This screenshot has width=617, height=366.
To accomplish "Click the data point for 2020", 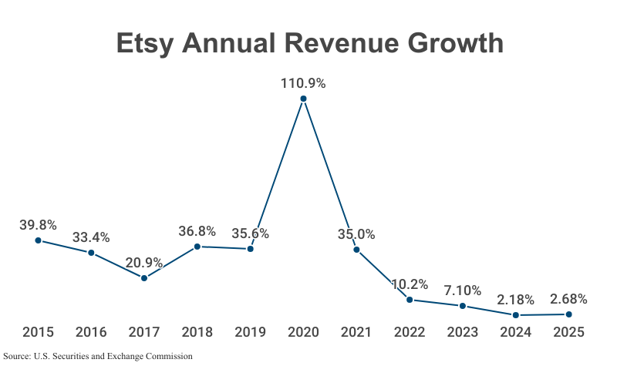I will click(303, 99).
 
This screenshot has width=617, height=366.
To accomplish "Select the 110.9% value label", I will click(303, 83).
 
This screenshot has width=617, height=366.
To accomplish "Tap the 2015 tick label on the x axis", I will click(38, 332).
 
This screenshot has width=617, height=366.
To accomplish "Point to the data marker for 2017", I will click(144, 277).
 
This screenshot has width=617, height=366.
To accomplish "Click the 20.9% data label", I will click(144, 263).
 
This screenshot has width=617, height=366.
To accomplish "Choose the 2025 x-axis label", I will click(568, 332).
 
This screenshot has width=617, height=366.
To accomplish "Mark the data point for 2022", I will click(410, 299).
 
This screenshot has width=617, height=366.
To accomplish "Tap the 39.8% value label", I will click(38, 225).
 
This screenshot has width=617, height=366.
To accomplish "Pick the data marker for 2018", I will click(197, 247).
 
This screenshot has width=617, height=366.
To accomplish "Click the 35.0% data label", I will click(356, 234).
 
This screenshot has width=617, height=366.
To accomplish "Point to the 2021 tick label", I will click(356, 332).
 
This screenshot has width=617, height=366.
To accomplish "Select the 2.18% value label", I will click(515, 300).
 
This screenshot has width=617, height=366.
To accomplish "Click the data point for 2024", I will click(515, 315).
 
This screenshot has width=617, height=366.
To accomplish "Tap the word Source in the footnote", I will click(17, 356).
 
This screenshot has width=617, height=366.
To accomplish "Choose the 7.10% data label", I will click(462, 291).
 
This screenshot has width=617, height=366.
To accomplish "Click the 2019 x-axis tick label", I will click(250, 332).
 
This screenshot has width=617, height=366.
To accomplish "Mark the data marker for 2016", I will click(91, 253).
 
